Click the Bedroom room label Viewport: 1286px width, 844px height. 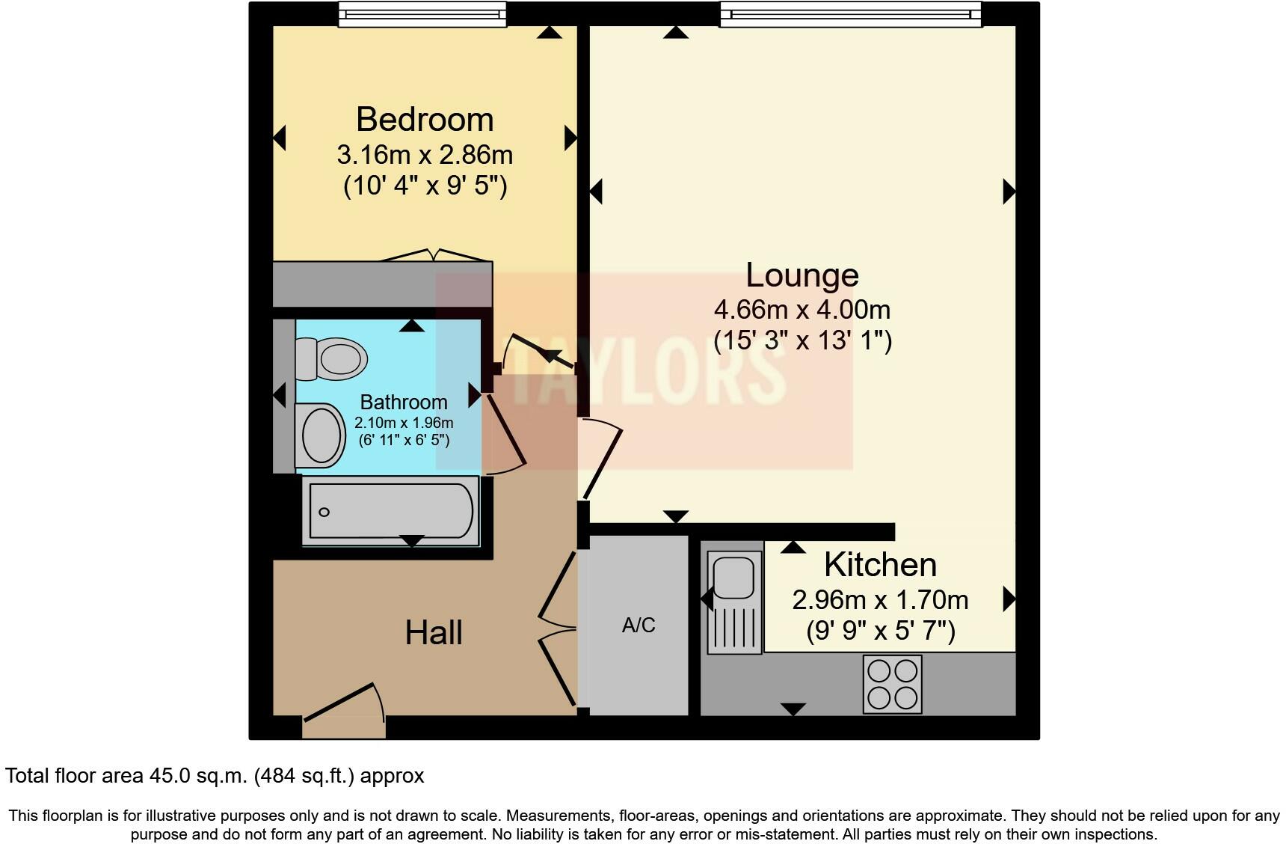[424, 120]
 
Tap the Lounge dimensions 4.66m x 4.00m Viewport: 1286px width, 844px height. [802, 309]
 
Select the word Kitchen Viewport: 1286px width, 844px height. [880, 565]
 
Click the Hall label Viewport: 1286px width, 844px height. [434, 633]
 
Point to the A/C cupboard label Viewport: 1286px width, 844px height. [639, 626]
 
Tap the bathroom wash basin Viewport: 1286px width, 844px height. [321, 435]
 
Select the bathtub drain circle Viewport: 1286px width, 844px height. [324, 513]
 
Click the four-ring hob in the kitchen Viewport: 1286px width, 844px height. [893, 684]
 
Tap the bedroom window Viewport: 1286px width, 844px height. [422, 13]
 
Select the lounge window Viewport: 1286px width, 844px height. [850, 13]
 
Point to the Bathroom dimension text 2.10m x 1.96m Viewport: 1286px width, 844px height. [404, 423]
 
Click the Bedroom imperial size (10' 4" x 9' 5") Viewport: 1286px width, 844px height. [425, 185]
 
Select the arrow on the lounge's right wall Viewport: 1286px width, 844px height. [1009, 192]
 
